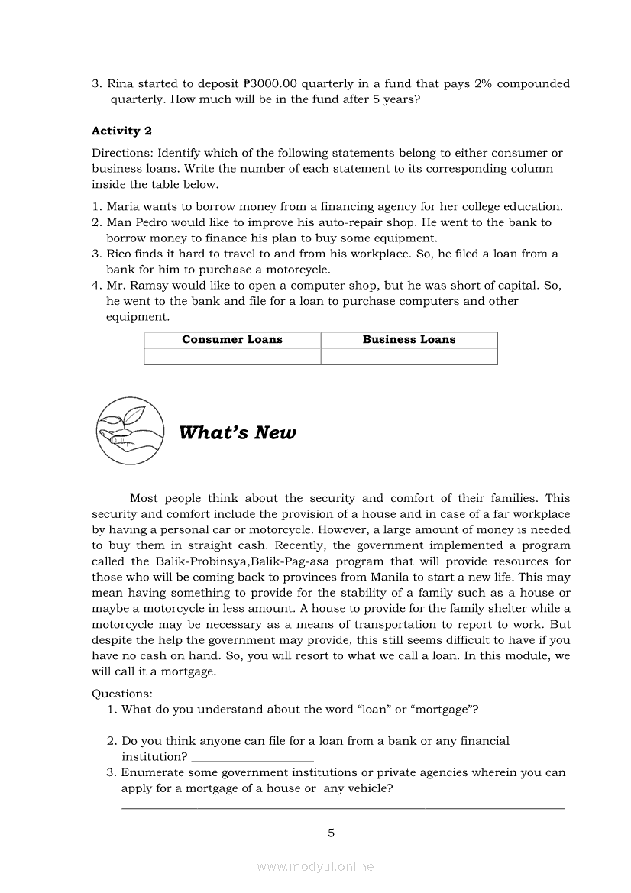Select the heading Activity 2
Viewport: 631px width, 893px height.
(x=121, y=131)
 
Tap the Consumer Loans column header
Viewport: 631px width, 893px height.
(x=232, y=340)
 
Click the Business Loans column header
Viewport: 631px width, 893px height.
(x=409, y=340)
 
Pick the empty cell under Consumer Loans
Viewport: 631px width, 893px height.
(x=232, y=357)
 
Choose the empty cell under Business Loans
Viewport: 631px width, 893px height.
(x=409, y=357)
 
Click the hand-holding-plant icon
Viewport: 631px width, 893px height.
(x=131, y=430)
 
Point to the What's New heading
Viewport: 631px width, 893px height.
(x=237, y=433)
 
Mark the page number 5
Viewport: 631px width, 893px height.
(x=331, y=833)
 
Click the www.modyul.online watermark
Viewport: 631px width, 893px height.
(x=315, y=866)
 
